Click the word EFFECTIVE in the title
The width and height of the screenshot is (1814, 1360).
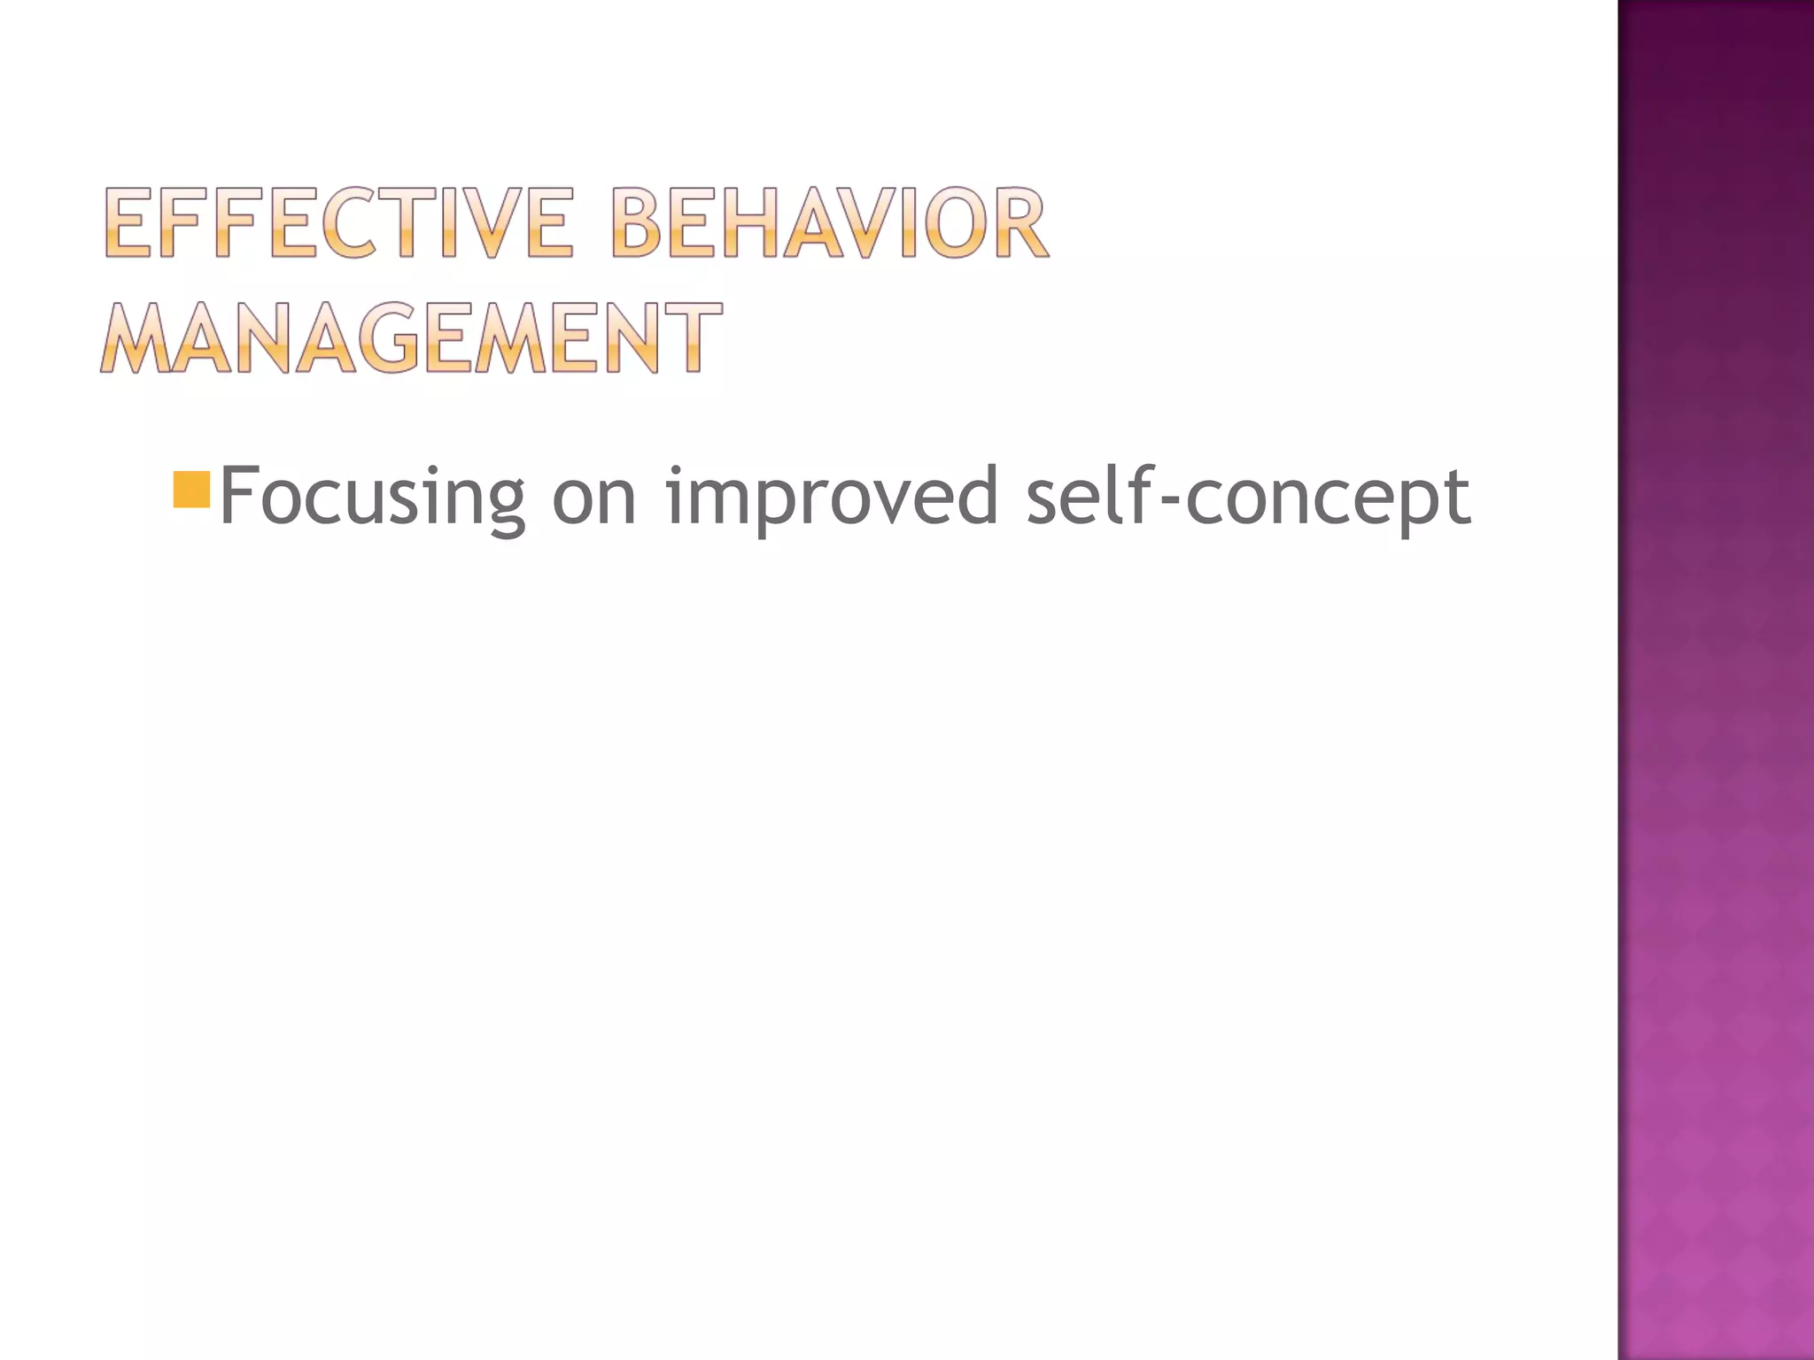(x=339, y=222)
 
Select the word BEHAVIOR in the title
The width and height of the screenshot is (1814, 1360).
(x=829, y=222)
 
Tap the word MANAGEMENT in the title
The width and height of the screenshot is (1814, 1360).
(x=411, y=337)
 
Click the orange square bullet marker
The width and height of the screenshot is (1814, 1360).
(x=191, y=490)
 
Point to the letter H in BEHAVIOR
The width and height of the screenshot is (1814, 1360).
(x=751, y=222)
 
